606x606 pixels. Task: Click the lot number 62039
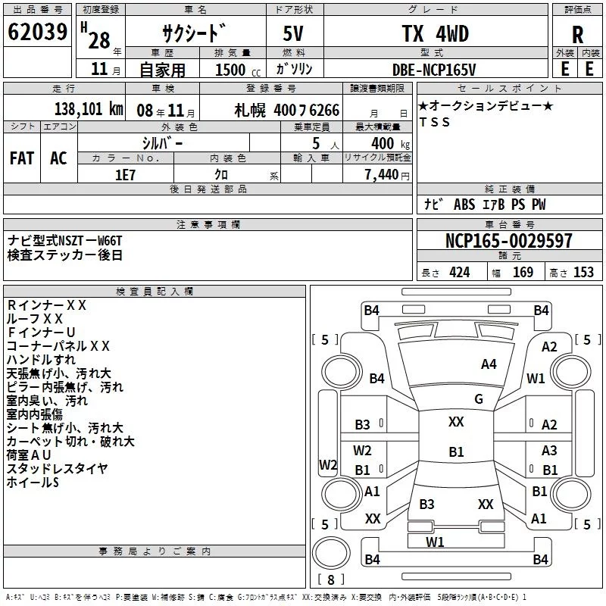click(37, 33)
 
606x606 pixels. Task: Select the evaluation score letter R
click(577, 34)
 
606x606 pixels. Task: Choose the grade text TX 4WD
click(434, 34)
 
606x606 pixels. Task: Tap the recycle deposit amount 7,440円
click(386, 174)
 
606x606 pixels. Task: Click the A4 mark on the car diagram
click(489, 364)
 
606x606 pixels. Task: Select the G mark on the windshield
click(479, 399)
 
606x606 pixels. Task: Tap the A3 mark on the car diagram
click(549, 451)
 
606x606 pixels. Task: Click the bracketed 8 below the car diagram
click(330, 580)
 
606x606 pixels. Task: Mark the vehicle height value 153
click(583, 272)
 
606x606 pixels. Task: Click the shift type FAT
click(22, 158)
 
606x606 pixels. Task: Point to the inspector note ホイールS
click(33, 482)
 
